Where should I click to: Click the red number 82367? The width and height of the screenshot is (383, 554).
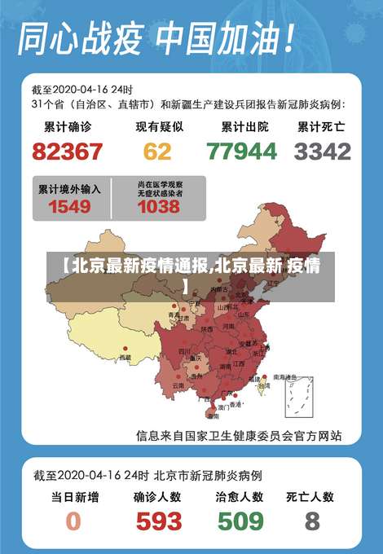coord(68,152)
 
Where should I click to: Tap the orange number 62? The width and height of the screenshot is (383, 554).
coord(157,152)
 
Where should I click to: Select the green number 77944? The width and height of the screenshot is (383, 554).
coord(241,152)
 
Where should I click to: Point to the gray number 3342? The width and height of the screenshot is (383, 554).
coord(323,152)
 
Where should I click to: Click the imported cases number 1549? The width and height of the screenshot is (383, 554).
coord(69,206)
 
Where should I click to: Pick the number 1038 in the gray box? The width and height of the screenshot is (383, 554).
coord(158,206)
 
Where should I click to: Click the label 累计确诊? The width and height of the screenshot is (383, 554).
coord(68,127)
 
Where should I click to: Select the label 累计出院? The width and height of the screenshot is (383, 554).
coord(242,127)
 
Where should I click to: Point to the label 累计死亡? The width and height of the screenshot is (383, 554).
coord(321,127)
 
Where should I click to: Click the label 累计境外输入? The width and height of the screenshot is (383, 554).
coord(69,188)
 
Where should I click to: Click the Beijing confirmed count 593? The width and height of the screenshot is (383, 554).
coord(158,520)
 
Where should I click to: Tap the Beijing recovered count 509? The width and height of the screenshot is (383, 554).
coord(239,520)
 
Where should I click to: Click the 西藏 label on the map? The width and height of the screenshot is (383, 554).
coord(125,357)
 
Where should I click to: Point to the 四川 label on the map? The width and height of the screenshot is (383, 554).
coord(184,351)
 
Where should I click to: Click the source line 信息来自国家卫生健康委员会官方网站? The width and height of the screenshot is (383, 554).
coord(238,435)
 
